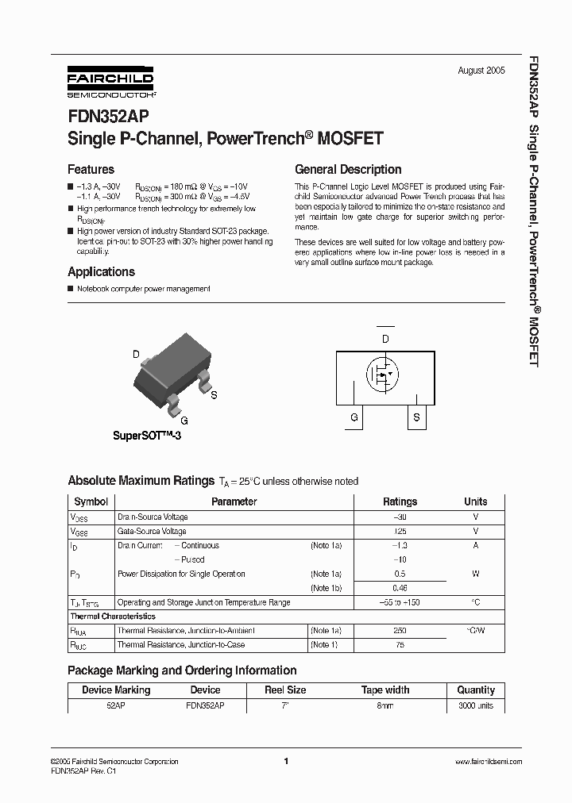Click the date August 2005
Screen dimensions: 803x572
pos(481,71)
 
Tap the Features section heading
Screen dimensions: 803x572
pos(91,170)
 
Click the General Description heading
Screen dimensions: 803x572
pos(348,170)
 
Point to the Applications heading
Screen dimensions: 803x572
pos(101,272)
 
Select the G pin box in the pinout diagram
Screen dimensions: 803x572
pos(354,417)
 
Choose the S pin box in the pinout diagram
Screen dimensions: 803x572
pos(416,417)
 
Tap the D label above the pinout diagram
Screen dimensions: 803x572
pos(385,339)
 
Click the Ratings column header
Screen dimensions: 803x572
pos(400,501)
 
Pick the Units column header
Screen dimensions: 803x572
pos(476,501)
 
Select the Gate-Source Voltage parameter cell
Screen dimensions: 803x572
pos(153,531)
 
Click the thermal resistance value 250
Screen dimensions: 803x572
pos(400,630)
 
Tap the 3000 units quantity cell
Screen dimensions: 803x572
pos(476,705)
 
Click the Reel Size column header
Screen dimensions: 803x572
pos(285,690)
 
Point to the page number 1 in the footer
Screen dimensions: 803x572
pos(285,762)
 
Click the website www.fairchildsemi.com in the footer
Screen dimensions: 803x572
pos(488,762)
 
